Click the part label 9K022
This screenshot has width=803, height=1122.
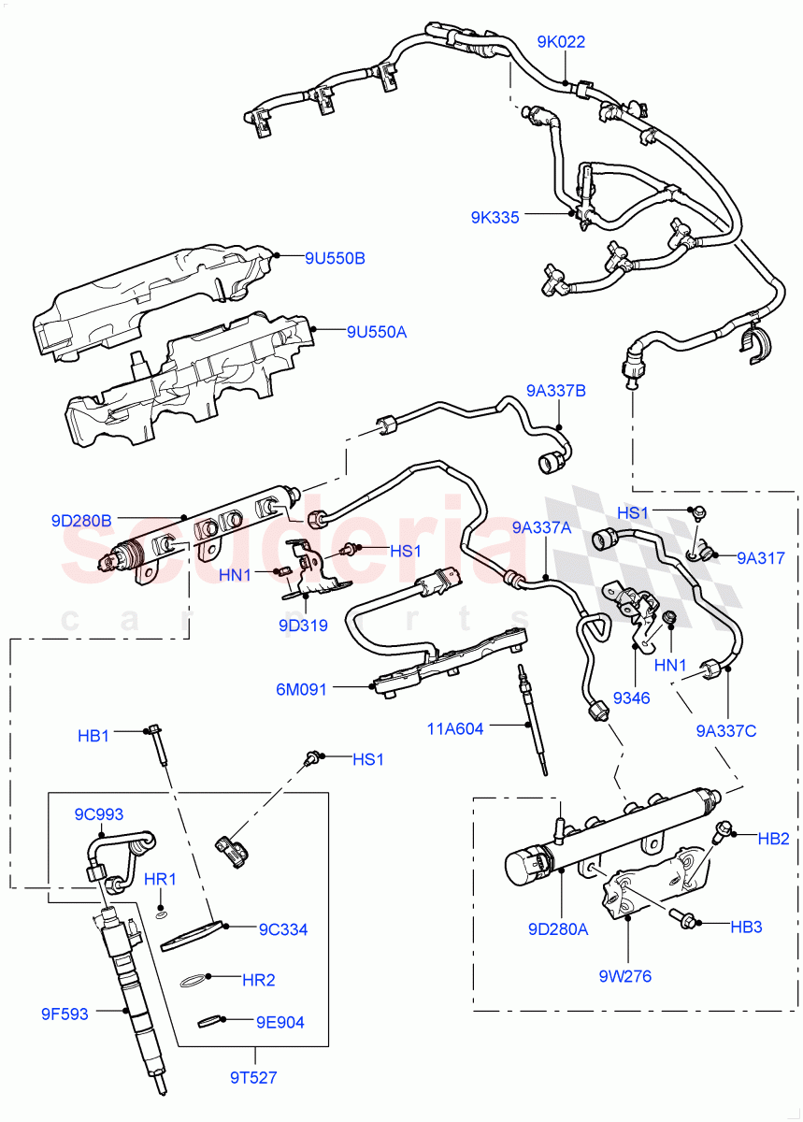(x=560, y=42)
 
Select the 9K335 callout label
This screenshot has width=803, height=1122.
(x=495, y=218)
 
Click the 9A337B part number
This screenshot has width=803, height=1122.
(x=555, y=391)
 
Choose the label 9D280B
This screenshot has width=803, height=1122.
(x=81, y=519)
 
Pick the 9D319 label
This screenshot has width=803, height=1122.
(x=303, y=626)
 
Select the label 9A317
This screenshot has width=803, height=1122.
(x=761, y=558)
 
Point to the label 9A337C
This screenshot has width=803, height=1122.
(x=725, y=730)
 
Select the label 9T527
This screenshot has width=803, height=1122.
(x=252, y=1077)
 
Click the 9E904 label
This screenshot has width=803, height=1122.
(x=280, y=1022)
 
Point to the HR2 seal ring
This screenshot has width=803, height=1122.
(x=193, y=982)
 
